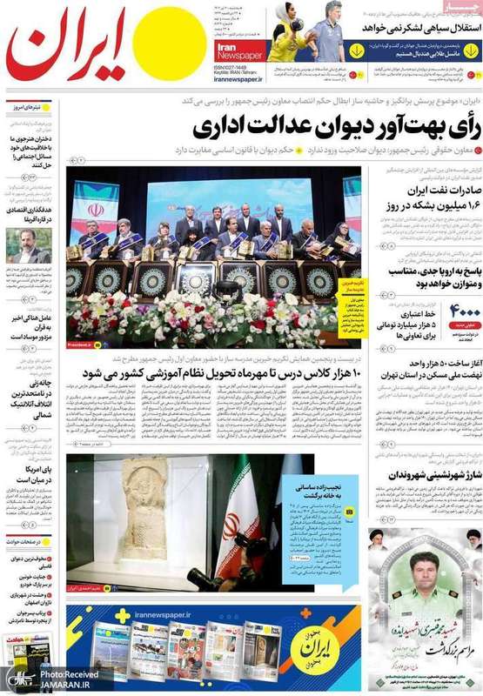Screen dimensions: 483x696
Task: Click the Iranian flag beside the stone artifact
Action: tap(233, 522)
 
